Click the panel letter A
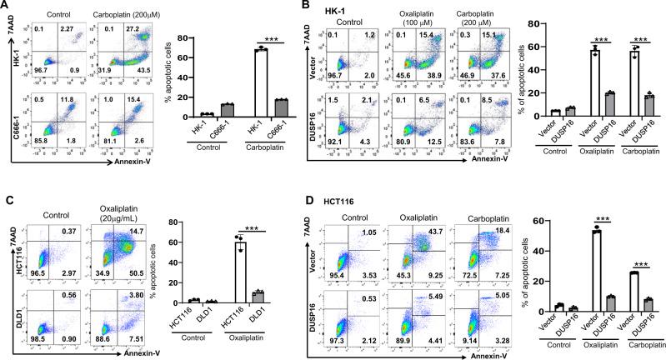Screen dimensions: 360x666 (6, 7)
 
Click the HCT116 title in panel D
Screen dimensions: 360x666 (368, 197)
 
